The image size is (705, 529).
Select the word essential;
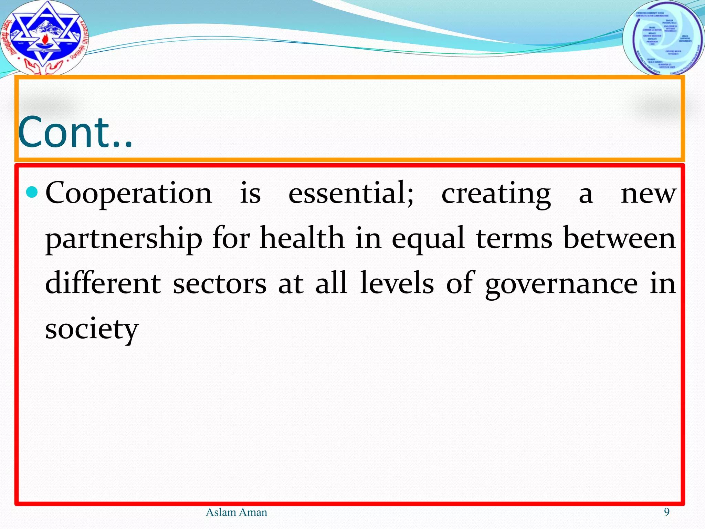pyautogui.click(x=351, y=193)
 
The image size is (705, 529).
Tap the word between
pyautogui.click(x=619, y=238)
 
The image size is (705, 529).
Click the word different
pyautogui.click(x=103, y=283)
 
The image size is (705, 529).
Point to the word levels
pyautogui.click(x=397, y=283)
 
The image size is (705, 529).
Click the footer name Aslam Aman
pyautogui.click(x=236, y=512)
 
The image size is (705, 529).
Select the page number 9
pyautogui.click(x=666, y=512)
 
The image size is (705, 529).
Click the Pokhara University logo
pyautogui.click(x=44, y=37)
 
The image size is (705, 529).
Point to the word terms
pyautogui.click(x=514, y=238)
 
